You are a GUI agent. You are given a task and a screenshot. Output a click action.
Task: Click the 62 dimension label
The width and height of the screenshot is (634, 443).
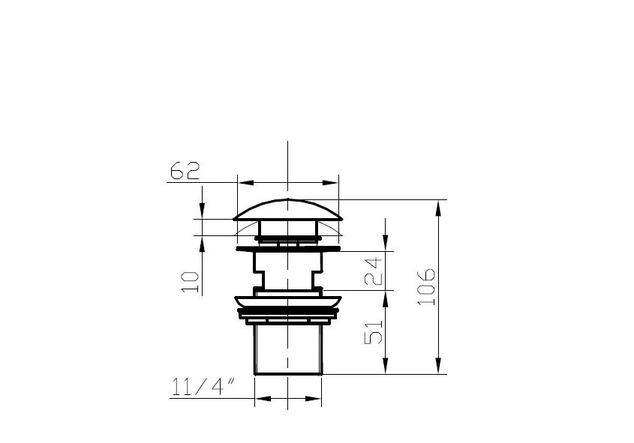[185, 170]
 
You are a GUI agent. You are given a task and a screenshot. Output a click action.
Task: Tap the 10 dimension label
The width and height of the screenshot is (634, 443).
[191, 282]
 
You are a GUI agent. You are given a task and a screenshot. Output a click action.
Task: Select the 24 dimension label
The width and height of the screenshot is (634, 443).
[373, 271]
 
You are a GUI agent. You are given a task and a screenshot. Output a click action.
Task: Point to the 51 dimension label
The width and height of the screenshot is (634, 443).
[373, 332]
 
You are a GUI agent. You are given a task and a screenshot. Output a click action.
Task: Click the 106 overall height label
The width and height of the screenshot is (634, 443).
[426, 286]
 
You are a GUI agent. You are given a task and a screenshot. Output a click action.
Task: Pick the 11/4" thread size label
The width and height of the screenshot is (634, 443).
[203, 387]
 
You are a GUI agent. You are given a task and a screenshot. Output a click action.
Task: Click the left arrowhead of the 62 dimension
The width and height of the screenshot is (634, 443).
[246, 183]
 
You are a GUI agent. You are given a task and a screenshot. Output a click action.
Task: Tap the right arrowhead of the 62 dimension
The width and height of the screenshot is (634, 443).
[330, 183]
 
